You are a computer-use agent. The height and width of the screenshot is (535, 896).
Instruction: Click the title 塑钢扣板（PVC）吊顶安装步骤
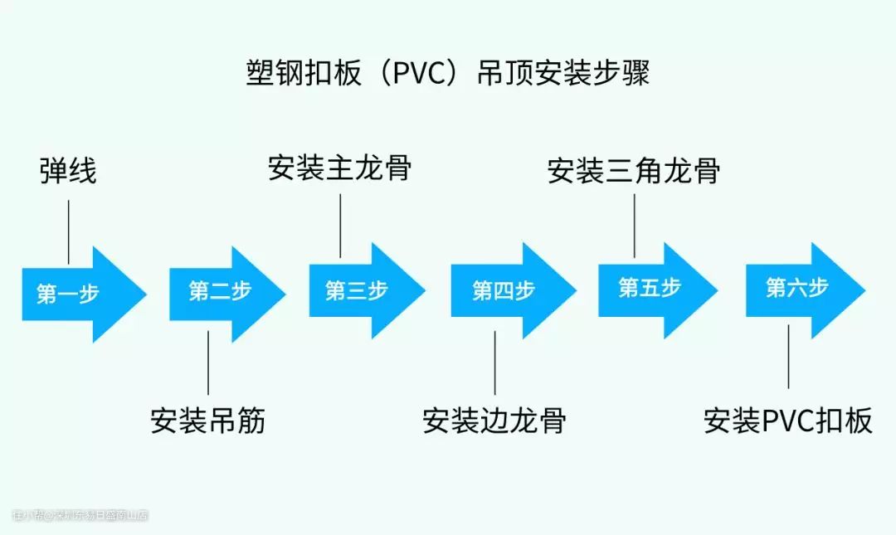point(448,73)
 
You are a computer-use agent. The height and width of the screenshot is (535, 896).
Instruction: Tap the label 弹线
point(68,171)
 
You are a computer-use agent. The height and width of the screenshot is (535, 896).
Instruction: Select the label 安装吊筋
point(208,421)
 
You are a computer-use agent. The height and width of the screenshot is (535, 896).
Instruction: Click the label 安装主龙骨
point(340,168)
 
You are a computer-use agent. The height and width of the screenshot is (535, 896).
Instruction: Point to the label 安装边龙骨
point(494,421)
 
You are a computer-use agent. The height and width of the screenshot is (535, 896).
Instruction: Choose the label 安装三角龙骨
point(634,171)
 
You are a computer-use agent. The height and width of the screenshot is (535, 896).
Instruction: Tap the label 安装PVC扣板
point(788,421)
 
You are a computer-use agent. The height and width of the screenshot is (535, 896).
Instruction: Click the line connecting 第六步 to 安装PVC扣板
point(788,357)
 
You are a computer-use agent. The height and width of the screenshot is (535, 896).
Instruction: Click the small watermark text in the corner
point(80,515)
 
